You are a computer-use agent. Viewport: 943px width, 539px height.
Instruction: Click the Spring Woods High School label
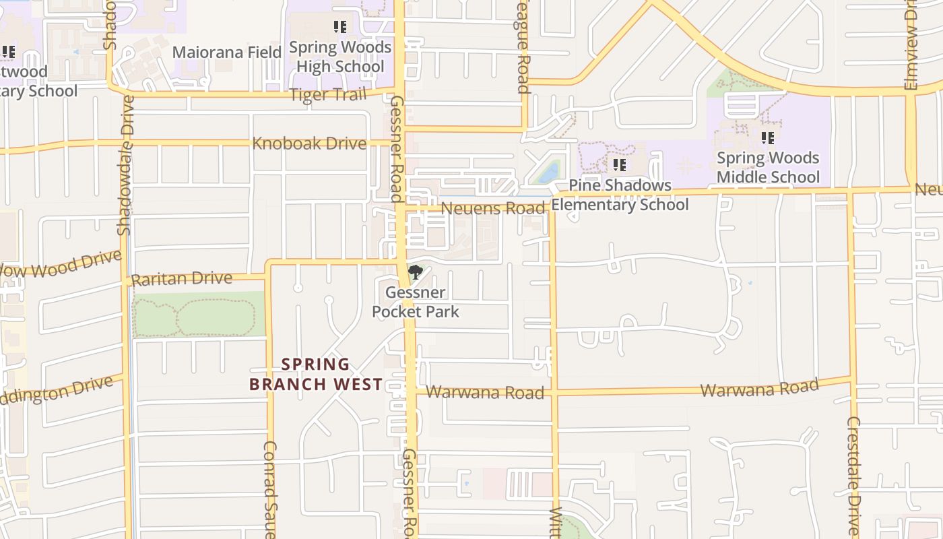340,57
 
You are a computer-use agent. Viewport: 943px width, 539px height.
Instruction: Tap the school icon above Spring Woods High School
340,27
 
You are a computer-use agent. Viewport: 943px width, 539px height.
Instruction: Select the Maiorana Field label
227,52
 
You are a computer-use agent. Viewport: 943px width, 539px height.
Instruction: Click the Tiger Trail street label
328,95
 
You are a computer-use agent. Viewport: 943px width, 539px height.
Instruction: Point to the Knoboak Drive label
309,144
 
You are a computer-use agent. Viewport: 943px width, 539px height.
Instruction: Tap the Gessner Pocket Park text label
416,302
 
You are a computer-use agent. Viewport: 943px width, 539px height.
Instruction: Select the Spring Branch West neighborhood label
316,375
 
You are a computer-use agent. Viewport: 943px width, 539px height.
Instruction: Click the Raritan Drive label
181,279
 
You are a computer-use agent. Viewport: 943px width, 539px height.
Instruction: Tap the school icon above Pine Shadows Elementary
620,164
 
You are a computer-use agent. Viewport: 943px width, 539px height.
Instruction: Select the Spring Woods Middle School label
768,167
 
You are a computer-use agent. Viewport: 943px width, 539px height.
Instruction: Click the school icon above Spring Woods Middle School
767,138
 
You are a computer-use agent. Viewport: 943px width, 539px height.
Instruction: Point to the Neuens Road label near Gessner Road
492,209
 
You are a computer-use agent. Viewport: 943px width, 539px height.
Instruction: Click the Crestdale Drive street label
853,475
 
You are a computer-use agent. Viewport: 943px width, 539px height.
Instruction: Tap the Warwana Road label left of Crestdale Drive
759,389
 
